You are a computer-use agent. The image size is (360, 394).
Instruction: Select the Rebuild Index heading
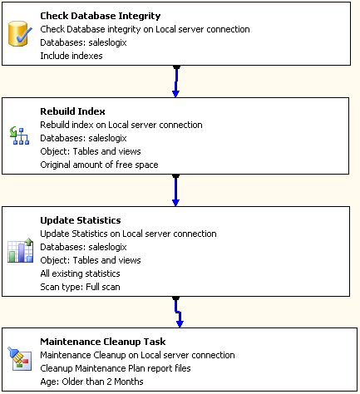tap(72, 111)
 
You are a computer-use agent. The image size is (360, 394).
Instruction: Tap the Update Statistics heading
tap(81, 220)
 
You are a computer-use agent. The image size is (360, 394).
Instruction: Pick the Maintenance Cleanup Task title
tap(102, 342)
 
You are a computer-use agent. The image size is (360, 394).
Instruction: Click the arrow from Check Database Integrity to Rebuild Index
tap(175, 81)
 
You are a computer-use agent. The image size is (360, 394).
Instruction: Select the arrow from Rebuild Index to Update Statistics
tap(175, 190)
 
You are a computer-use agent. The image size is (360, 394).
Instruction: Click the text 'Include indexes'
tap(72, 57)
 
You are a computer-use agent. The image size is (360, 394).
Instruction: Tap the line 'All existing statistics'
tap(80, 273)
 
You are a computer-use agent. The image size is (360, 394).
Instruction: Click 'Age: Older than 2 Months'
tap(91, 382)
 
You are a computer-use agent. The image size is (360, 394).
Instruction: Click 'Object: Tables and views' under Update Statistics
tap(90, 260)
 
